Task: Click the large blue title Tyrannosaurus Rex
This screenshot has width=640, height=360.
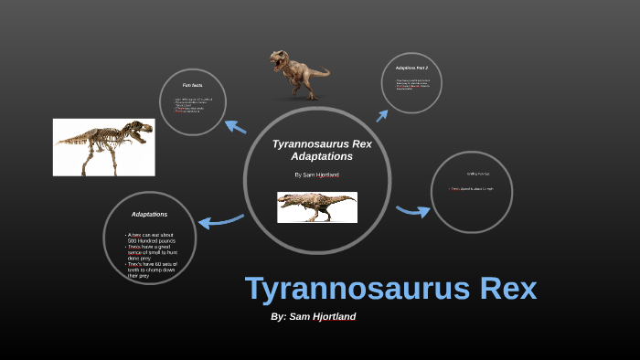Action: (390, 289)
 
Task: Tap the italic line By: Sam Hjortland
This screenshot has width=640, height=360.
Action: (314, 316)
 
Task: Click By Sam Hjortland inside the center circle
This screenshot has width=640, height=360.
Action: (316, 174)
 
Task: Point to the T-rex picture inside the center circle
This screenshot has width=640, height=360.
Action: (317, 207)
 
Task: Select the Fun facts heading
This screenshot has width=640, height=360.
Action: (192, 85)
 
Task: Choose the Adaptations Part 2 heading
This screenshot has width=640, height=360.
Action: (411, 68)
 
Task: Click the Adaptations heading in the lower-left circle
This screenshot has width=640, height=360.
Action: (149, 214)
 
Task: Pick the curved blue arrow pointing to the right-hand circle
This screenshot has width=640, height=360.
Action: (413, 212)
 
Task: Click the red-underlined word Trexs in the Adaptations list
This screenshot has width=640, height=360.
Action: (134, 247)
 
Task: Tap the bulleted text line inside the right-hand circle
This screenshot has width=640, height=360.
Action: (472, 189)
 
